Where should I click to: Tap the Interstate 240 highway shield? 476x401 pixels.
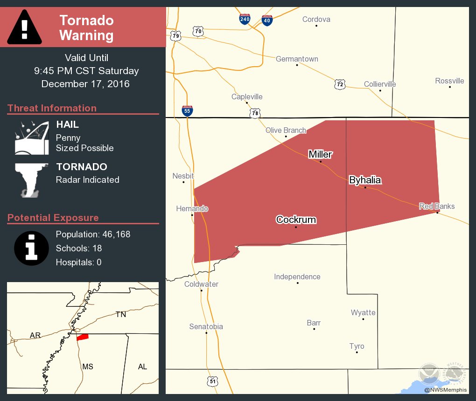pyautogui.click(x=245, y=19)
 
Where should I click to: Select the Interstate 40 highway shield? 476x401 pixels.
pyautogui.click(x=267, y=20)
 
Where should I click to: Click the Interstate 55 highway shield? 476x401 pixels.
pyautogui.click(x=187, y=111)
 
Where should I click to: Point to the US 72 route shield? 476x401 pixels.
pyautogui.click(x=340, y=84)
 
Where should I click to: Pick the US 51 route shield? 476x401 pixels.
pyautogui.click(x=213, y=381)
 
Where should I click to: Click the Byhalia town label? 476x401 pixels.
pyautogui.click(x=365, y=180)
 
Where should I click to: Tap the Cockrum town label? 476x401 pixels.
pyautogui.click(x=296, y=220)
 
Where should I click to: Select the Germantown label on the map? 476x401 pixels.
pyautogui.click(x=297, y=59)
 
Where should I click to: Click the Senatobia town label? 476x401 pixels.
pyautogui.click(x=206, y=326)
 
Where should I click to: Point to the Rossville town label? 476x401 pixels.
pyautogui.click(x=449, y=81)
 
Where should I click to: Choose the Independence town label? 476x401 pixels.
pyautogui.click(x=297, y=277)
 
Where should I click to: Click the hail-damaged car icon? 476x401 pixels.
pyautogui.click(x=32, y=138)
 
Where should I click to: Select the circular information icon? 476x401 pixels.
pyautogui.click(x=31, y=248)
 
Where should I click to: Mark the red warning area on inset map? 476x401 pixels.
pyautogui.click(x=83, y=337)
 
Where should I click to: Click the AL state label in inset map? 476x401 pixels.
pyautogui.click(x=142, y=366)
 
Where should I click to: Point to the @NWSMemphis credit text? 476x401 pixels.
pyautogui.click(x=445, y=390)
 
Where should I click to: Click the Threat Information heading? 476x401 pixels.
pyautogui.click(x=52, y=108)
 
